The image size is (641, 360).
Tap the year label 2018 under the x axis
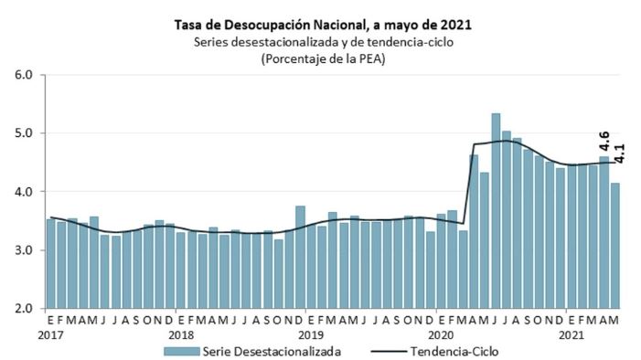pos(181,335)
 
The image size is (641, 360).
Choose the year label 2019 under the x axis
pos(312,335)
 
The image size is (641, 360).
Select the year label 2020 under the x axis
pos(441,335)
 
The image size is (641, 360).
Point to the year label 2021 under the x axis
pos(572,335)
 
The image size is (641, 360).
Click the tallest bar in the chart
pos(496,211)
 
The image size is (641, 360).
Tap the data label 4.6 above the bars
pos(604,144)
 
